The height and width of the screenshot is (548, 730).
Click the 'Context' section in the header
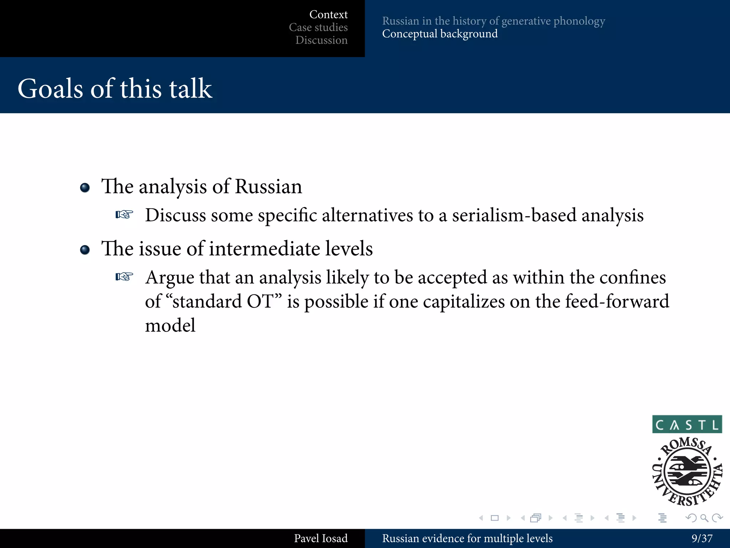click(328, 15)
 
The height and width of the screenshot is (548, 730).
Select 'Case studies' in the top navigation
click(318, 27)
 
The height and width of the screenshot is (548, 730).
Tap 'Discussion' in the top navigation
click(321, 40)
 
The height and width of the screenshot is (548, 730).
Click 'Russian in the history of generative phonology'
click(493, 21)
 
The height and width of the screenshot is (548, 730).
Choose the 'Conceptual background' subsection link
click(439, 34)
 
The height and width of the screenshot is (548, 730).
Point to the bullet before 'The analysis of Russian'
click(85, 188)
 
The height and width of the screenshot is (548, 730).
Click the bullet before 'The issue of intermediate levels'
click(85, 250)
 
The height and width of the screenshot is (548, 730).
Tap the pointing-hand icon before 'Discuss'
click(124, 215)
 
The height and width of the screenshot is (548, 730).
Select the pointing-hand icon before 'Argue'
click(124, 277)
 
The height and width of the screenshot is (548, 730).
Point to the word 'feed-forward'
click(617, 301)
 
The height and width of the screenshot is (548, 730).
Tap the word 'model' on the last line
click(170, 325)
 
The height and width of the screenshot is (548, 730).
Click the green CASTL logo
click(687, 424)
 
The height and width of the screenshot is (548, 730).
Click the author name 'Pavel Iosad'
click(320, 538)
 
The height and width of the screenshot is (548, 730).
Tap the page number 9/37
click(701, 538)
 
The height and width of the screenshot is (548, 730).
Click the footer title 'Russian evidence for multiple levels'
click(467, 538)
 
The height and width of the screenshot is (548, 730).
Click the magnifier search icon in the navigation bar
click(704, 518)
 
